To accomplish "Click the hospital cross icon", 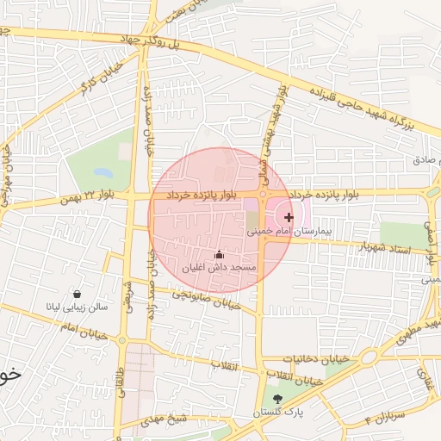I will click(288, 218).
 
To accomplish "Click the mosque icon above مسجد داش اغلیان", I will click(219, 254).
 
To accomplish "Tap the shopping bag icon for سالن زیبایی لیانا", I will click(78, 294).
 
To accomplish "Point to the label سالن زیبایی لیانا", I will click(78, 307).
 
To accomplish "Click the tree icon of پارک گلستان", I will click(277, 399).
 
